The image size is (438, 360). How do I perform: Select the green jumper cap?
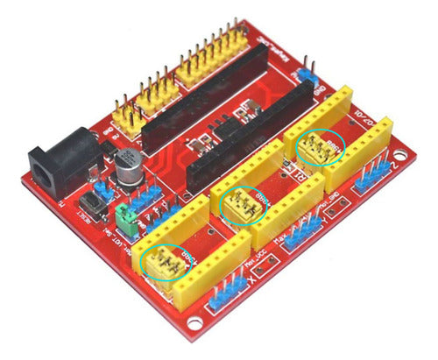126,219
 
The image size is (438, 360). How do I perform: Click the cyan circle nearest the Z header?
321,146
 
